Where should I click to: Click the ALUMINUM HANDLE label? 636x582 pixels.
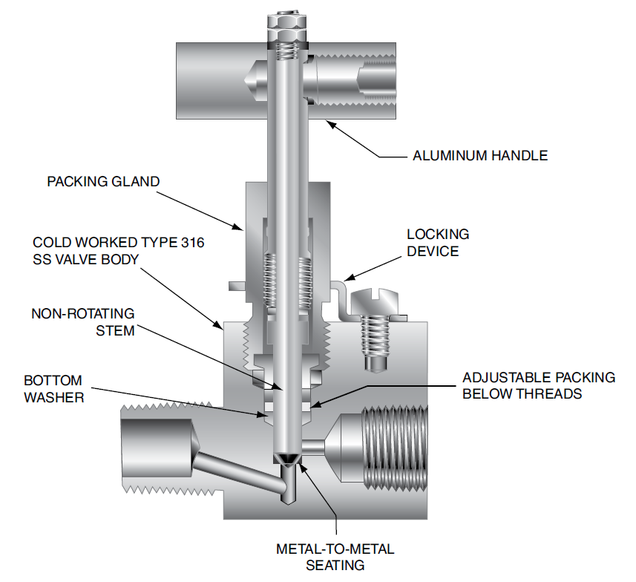click(480, 156)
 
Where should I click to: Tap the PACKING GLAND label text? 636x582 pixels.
click(103, 181)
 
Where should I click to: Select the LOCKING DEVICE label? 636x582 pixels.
click(438, 243)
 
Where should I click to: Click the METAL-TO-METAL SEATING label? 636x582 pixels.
click(335, 557)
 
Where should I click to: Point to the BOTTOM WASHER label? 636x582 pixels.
click(54, 389)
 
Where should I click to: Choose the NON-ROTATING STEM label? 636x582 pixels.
click(83, 322)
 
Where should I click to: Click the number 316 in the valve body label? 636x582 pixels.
click(193, 243)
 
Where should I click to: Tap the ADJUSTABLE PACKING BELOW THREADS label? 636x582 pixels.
click(539, 385)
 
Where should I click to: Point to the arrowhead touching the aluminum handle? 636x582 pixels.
click(331, 124)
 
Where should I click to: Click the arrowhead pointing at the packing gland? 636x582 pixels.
click(237, 227)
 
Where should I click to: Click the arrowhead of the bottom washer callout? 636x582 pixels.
click(262, 414)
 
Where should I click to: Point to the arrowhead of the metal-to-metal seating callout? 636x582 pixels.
click(302, 467)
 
